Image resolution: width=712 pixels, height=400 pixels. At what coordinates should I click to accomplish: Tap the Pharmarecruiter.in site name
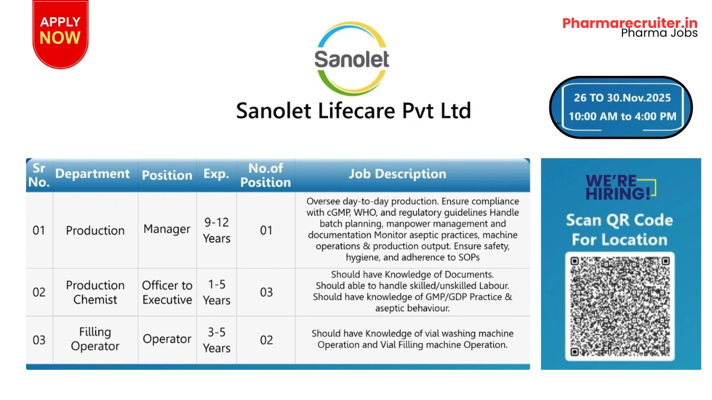click(x=630, y=23)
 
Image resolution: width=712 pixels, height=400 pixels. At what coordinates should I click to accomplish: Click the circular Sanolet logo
click(x=351, y=58)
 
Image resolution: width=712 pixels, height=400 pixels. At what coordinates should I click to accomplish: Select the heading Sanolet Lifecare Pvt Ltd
click(x=354, y=111)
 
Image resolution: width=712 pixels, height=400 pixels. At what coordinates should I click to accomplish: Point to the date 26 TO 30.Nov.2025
click(x=622, y=97)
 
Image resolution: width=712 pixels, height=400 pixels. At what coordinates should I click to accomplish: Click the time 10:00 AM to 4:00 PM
click(x=622, y=117)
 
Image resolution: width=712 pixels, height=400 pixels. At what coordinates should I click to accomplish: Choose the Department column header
click(x=93, y=174)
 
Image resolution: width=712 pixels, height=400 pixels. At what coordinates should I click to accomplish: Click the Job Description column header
click(x=397, y=174)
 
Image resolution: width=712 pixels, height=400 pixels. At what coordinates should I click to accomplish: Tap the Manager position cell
click(x=167, y=229)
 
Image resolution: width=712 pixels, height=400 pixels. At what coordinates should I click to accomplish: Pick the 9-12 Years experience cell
click(x=216, y=230)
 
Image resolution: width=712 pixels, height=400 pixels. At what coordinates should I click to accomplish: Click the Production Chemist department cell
click(x=95, y=292)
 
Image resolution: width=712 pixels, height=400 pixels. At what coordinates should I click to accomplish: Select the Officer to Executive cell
click(x=167, y=292)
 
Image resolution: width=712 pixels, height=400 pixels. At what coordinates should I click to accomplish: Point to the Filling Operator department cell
click(x=95, y=339)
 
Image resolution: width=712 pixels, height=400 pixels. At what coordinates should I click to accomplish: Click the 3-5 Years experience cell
click(x=216, y=340)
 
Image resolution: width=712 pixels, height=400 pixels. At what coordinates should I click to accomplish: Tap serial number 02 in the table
click(x=39, y=292)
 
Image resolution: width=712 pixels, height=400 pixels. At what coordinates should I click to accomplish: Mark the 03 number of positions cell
click(x=266, y=292)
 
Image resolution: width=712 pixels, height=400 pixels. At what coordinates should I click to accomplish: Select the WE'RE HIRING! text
click(x=618, y=187)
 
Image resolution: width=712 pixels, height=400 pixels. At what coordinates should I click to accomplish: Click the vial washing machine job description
click(x=412, y=339)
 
